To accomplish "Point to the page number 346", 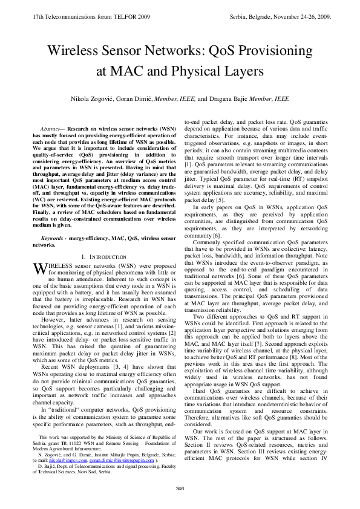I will click(x=180, y=488).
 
